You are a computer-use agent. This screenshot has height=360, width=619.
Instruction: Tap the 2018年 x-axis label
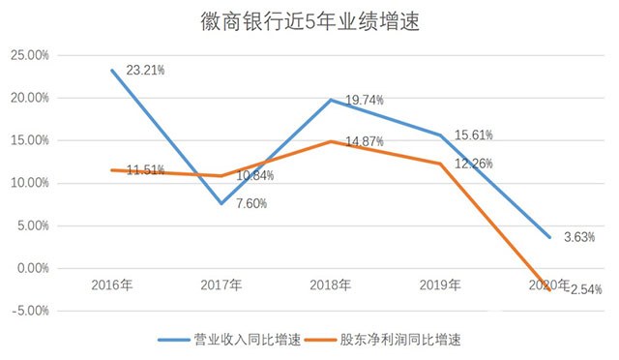(x=331, y=285)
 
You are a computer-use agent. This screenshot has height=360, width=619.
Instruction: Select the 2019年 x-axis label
(x=440, y=285)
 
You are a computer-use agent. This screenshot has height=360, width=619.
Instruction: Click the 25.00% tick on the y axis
(x=30, y=55)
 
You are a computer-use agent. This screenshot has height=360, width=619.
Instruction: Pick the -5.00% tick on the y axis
(x=30, y=311)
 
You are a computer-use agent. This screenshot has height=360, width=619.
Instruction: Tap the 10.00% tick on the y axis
(x=30, y=183)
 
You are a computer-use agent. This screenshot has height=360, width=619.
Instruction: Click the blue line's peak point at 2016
(x=112, y=71)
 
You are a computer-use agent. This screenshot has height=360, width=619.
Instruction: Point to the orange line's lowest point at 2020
(x=550, y=289)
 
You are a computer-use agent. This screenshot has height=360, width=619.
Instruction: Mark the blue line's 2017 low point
(x=221, y=203)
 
